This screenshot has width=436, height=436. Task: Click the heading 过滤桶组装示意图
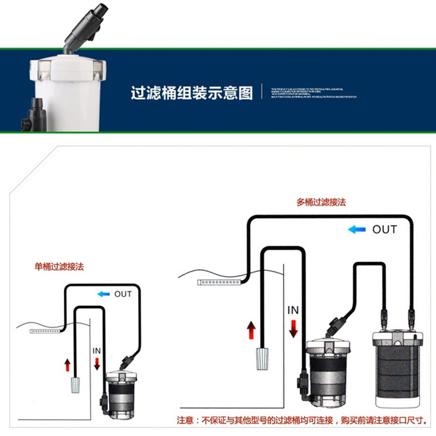click(x=192, y=93)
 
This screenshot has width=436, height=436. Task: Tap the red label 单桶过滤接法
click(x=59, y=267)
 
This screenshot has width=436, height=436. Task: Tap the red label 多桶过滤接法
click(x=321, y=202)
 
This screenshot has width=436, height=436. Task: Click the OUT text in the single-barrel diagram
click(x=123, y=294)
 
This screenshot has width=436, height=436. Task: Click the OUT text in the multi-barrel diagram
click(x=384, y=229)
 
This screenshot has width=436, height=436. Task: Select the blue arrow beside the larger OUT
click(x=356, y=229)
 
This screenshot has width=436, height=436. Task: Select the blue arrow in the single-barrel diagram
click(x=103, y=294)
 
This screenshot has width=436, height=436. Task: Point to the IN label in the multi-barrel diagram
click(x=293, y=310)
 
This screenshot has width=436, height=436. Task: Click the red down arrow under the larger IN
click(x=293, y=329)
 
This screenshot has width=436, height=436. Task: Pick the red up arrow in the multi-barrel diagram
click(x=251, y=330)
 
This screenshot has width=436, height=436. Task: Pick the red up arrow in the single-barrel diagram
click(x=68, y=365)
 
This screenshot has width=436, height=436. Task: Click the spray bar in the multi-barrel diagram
click(x=220, y=282)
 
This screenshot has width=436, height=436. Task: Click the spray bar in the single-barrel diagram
click(x=46, y=331)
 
